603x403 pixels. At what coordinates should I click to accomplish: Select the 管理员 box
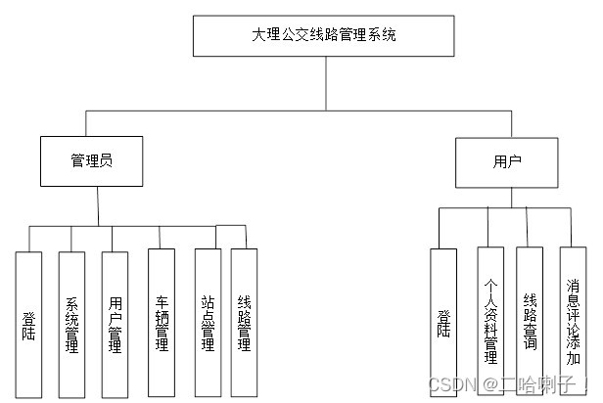coord(92,160)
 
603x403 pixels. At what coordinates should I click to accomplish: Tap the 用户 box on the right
coord(507,161)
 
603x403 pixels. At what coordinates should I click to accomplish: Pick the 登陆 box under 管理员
coord(29,322)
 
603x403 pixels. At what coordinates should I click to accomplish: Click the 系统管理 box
coord(71,322)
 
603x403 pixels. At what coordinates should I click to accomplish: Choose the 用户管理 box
coord(115,322)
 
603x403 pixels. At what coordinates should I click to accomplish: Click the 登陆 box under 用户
coord(443,322)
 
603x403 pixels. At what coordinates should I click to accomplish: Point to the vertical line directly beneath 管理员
coord(99,206)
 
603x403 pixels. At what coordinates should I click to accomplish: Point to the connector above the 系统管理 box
coord(71,240)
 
